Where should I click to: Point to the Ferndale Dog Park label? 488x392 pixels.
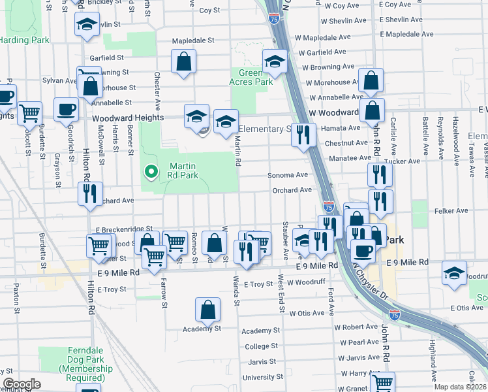pos(76,360)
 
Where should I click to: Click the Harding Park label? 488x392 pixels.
pos(24,40)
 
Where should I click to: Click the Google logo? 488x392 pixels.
pos(22,384)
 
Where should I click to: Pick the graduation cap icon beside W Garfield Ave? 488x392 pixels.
pos(275,61)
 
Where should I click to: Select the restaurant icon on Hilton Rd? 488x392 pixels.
pos(90,193)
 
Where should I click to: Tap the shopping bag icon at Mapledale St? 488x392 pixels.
pos(185,61)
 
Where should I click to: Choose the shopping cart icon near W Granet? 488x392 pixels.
pos(382,382)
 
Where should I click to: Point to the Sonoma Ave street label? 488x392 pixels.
pos(288,175)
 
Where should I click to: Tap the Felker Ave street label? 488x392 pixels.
pos(453,211)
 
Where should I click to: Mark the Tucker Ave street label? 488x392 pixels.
pos(406,161)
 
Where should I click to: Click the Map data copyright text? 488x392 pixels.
pos(459,387)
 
